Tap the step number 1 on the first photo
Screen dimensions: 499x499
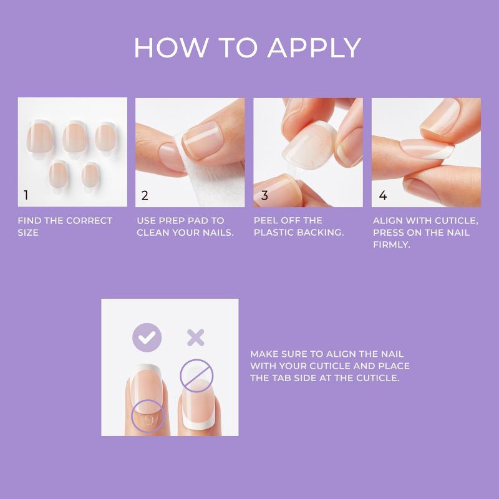[x=26, y=195]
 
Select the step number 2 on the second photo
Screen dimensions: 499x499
[x=145, y=195]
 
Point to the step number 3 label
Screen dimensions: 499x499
[x=264, y=195]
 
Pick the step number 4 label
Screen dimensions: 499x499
[x=382, y=195]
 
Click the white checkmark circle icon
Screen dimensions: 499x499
[x=147, y=338]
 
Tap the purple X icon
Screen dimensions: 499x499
[x=196, y=338]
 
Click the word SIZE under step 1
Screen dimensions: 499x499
[x=28, y=233]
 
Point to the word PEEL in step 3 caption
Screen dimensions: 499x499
[x=267, y=221]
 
